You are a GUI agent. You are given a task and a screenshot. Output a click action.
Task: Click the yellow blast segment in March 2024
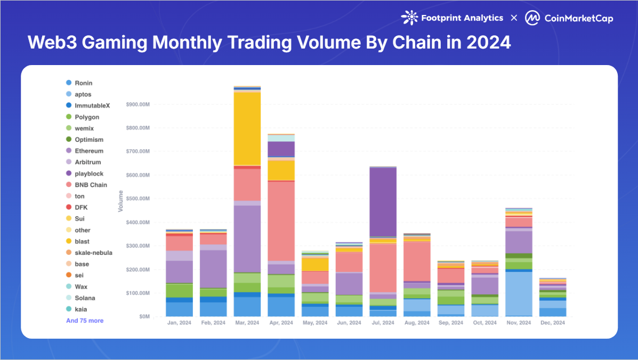tap(247, 129)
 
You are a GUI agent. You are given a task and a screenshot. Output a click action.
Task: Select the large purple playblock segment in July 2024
tap(383, 202)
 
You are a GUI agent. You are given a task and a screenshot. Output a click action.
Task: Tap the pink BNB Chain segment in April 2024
tap(281, 221)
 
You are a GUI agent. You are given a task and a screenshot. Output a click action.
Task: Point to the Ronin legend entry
tap(83, 83)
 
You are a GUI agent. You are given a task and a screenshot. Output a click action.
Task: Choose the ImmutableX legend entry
tap(92, 106)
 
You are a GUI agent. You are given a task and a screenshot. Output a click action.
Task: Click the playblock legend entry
tap(89, 174)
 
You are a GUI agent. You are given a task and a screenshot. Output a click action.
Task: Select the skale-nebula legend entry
tap(93, 253)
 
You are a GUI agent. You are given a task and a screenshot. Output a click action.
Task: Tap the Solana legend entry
tap(85, 298)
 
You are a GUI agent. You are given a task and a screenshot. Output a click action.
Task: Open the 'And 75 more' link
tap(85, 321)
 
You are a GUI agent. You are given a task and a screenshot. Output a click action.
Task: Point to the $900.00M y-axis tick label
tap(138, 105)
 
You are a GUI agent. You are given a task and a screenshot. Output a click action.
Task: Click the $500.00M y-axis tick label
tap(138, 199)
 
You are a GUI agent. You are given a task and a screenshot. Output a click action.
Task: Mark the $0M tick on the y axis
tap(144, 317)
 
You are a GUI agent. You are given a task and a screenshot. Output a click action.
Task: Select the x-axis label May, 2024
tap(314, 323)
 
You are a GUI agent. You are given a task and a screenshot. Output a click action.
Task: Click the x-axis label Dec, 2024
tap(553, 323)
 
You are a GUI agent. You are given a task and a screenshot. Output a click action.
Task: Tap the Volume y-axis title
tap(121, 201)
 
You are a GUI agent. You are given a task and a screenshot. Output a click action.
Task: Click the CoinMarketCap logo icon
tap(532, 18)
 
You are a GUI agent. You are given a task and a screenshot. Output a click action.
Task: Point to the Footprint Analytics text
tap(462, 18)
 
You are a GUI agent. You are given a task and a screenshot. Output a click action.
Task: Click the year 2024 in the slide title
tap(489, 42)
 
